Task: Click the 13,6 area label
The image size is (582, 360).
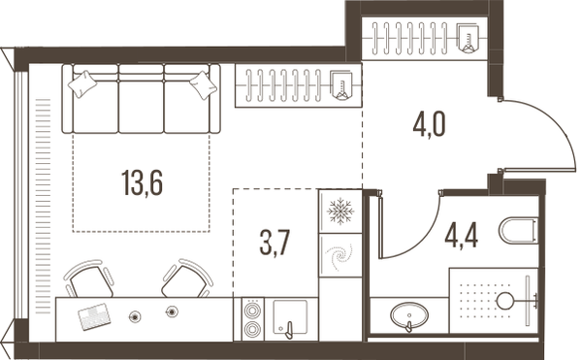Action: click(x=143, y=182)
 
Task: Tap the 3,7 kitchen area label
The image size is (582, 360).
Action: click(x=275, y=243)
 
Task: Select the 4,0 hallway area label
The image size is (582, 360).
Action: click(x=429, y=124)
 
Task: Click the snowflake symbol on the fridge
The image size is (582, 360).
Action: click(x=340, y=212)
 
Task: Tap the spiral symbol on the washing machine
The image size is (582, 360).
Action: click(x=339, y=256)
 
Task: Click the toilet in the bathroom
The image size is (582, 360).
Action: click(x=518, y=231)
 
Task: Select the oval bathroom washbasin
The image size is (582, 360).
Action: click(x=409, y=315)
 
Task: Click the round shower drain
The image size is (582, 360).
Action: click(x=505, y=301)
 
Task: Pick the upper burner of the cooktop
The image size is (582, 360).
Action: click(x=253, y=310)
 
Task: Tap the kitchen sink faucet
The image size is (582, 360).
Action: click(x=289, y=330)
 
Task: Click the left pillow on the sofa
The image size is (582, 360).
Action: click(x=82, y=83)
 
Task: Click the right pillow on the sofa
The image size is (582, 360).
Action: click(x=204, y=85)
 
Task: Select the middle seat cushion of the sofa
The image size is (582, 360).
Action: click(x=141, y=107)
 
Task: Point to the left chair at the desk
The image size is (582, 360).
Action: click(x=89, y=279)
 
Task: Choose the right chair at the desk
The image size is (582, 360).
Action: click(x=187, y=278)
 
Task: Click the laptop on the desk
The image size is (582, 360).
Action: click(x=95, y=316)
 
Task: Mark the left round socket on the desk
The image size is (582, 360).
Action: click(x=135, y=316)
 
